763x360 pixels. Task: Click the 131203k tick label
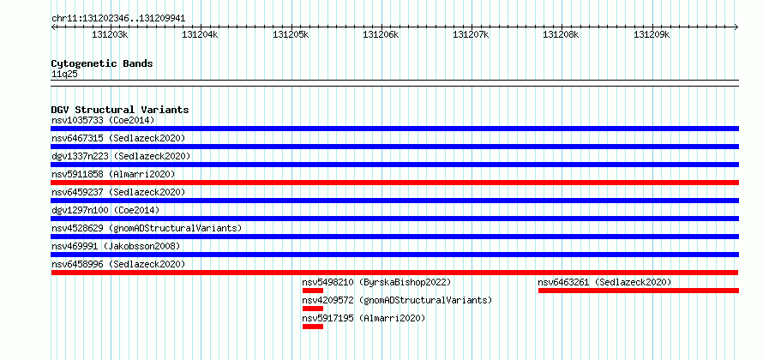[110, 34]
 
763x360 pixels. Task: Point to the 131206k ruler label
[381, 34]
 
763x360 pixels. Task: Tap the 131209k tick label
[652, 34]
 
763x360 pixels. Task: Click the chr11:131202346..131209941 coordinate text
[118, 19]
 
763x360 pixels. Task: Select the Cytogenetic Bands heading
[102, 63]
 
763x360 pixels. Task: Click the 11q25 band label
[64, 75]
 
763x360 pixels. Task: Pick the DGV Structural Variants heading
[120, 110]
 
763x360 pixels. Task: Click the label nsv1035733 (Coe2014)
[103, 120]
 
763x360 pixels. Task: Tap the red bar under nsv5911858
[394, 183]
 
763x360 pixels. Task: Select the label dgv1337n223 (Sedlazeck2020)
[121, 156]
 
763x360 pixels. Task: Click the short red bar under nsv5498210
[312, 291]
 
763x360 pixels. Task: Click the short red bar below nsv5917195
[312, 327]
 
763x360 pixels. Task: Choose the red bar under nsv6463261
[639, 291]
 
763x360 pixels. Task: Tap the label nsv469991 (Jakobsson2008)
[116, 246]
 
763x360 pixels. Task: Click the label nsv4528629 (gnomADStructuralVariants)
[147, 228]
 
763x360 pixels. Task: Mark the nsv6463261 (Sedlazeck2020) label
[604, 282]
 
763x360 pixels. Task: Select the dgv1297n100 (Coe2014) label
[105, 210]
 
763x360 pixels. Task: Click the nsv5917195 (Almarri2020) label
[363, 318]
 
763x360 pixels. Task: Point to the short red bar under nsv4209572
[312, 309]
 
